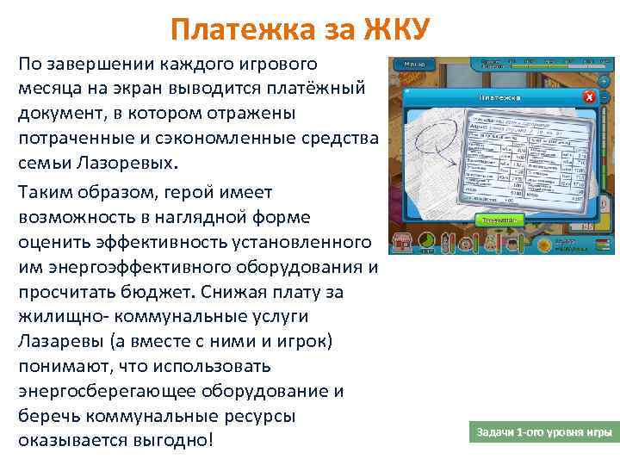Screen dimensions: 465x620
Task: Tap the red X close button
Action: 589,96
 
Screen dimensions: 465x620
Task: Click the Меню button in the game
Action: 414,64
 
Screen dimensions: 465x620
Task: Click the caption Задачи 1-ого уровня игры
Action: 544,431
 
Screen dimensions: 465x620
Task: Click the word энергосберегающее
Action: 107,391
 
